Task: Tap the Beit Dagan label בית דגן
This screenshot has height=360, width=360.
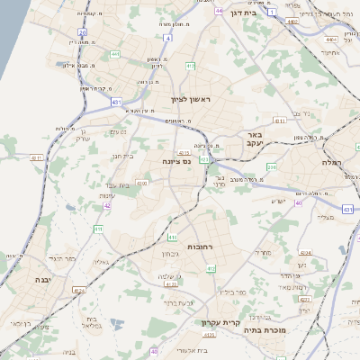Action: [x=264, y=14]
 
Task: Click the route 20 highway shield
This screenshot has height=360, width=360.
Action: [x=82, y=32]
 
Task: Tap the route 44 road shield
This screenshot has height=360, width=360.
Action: [x=220, y=11]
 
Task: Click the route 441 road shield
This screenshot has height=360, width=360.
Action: [x=115, y=55]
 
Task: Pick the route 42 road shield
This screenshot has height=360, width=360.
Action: [x=107, y=206]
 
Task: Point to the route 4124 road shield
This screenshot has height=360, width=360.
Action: [x=78, y=290]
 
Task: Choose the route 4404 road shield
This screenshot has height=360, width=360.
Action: [x=332, y=40]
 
